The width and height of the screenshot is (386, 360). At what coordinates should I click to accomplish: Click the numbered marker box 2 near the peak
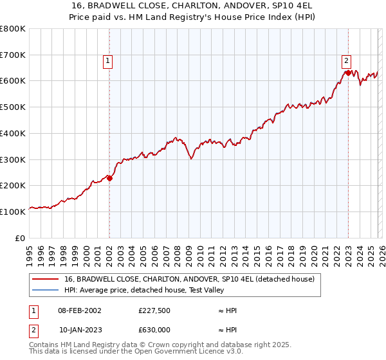[x=346, y=61]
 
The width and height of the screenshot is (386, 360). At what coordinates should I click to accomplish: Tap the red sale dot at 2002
[x=109, y=179]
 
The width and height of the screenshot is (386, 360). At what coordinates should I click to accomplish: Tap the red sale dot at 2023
[x=348, y=73]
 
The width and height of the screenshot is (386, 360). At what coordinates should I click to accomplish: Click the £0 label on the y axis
[x=20, y=238]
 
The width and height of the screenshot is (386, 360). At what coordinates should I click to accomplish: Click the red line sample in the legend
[x=45, y=279]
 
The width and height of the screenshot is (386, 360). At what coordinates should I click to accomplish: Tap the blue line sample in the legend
[x=45, y=290]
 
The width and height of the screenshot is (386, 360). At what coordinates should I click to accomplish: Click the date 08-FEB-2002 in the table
[x=79, y=310]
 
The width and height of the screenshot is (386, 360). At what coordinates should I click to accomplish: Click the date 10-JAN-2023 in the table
[x=79, y=330]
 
